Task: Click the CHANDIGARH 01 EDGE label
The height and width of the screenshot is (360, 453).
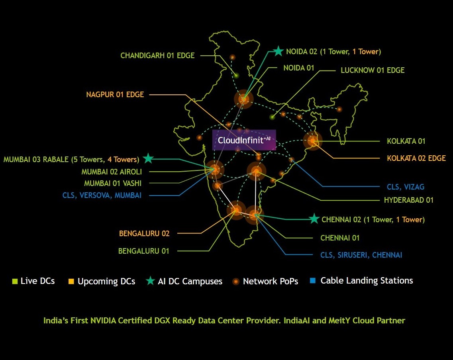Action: pos(157,55)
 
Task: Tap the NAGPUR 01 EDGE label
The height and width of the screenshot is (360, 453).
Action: pos(115,94)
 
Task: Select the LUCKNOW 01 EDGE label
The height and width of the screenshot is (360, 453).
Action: pos(373,70)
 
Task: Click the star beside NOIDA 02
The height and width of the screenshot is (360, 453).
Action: pos(278,51)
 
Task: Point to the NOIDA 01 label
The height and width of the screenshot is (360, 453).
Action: pos(299,68)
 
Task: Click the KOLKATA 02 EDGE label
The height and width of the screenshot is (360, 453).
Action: pos(416,158)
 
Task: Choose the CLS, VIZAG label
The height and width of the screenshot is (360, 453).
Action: pos(406,187)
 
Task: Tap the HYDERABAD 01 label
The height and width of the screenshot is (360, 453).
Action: pos(409,200)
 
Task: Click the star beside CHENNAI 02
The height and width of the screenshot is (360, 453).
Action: pos(314,219)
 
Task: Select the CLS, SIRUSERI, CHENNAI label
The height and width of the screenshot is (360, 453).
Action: pos(361,255)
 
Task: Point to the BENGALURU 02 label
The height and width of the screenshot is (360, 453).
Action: pos(144,233)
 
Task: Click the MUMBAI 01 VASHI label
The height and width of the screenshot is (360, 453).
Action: pos(113,183)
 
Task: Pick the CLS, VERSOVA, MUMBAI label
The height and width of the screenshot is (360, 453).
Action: pos(102,196)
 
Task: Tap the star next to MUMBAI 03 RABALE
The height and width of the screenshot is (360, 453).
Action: pos(149,158)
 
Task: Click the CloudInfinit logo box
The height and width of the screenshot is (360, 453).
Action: pos(244,140)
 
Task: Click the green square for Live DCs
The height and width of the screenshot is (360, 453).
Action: pos(15,282)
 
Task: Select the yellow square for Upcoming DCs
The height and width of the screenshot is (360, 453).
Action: pos(71,282)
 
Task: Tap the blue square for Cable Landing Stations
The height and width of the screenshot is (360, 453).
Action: pos(313,281)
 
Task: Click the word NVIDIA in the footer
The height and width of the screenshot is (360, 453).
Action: pos(103,321)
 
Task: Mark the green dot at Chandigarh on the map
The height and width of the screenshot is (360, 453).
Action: pos(236,76)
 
